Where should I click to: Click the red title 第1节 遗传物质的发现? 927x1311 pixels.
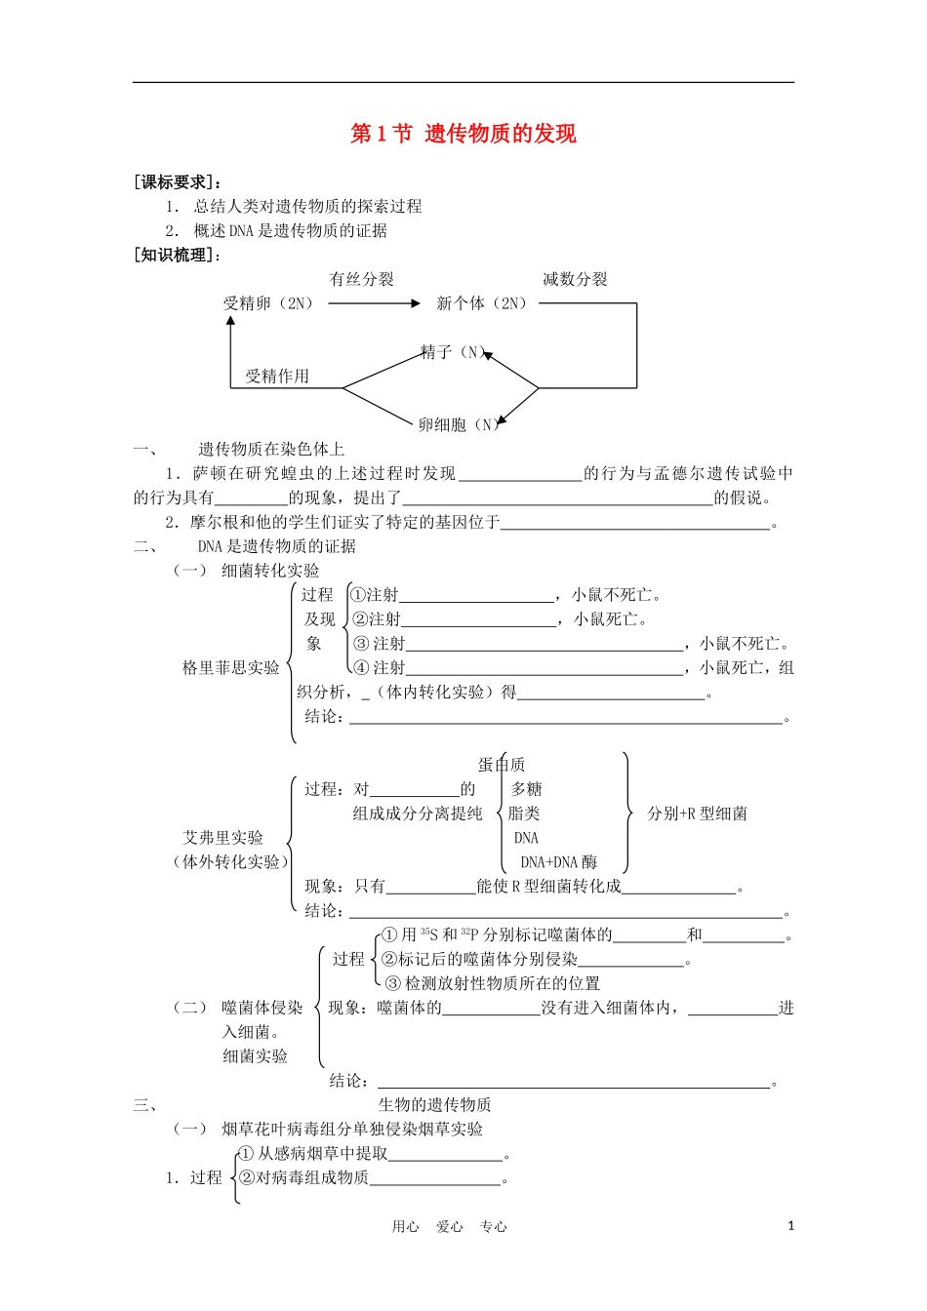coord(463,134)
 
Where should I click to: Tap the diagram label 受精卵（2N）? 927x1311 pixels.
coord(269,303)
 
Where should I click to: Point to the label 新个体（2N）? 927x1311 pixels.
coord(482,303)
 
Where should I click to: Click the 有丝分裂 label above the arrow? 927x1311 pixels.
coord(362,280)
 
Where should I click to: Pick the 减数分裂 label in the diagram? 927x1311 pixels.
coord(575,280)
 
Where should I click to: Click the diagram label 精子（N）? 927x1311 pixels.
coord(454,352)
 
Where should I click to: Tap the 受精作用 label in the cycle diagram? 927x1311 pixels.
coord(277,377)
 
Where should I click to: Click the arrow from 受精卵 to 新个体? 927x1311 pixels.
coord(374,303)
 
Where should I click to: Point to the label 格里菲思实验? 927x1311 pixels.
coord(231,668)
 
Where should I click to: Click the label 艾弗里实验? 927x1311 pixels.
coord(223,838)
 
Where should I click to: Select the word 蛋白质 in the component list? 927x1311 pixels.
coord(502,765)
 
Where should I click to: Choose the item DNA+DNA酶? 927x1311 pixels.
coord(558,862)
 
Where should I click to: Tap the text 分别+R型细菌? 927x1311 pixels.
coord(697,814)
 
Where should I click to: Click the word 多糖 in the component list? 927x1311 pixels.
coord(526,789)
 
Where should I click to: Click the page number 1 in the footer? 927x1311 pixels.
coord(790,1226)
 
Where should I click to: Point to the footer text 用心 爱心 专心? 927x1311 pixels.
coord(449,1227)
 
